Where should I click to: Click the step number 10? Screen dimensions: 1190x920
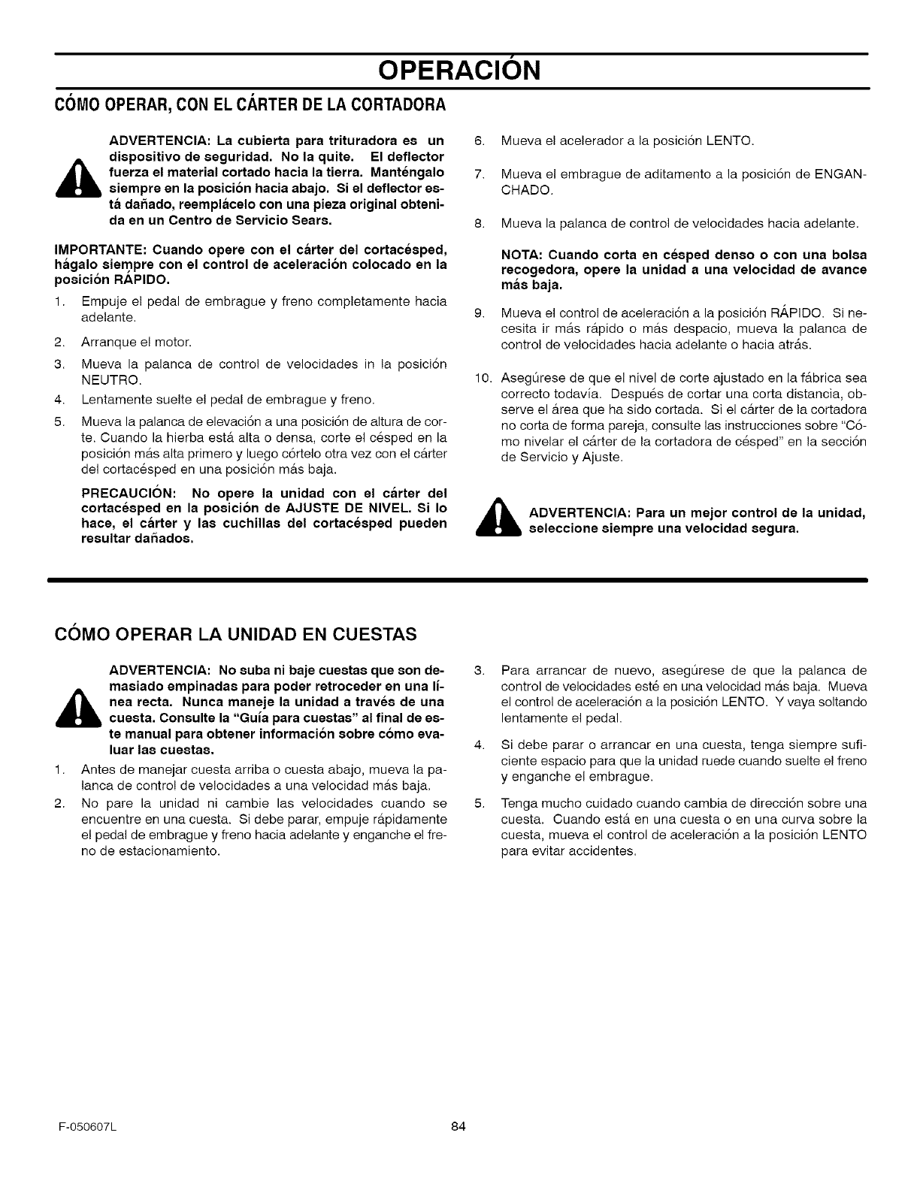481,377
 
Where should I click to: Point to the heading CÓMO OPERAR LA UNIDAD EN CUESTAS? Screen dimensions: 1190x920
235,636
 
